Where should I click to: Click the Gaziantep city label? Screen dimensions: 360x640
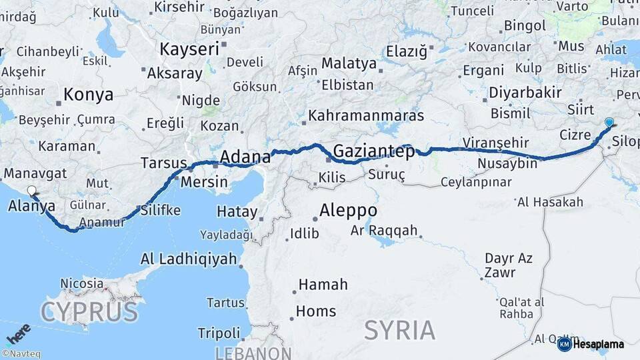click(373, 151)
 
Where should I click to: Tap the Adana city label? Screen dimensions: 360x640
click(245, 157)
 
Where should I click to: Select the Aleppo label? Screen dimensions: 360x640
click(348, 211)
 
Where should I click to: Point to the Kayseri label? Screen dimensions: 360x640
click(189, 49)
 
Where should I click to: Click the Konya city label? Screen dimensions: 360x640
click(89, 95)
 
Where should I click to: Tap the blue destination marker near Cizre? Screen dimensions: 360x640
click(609, 122)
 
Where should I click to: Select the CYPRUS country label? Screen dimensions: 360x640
click(89, 312)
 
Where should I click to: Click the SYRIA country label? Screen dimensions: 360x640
click(400, 329)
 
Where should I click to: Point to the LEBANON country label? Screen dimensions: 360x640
click(253, 353)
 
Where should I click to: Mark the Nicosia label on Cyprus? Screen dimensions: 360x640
click(83, 283)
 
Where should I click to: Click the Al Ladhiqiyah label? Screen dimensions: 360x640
click(189, 259)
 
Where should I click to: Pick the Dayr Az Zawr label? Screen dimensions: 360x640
click(509, 265)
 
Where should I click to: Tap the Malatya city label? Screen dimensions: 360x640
click(349, 64)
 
